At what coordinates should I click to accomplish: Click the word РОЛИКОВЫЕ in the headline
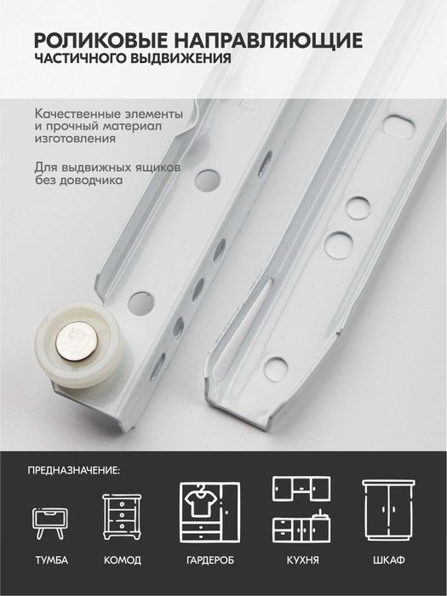(x=100, y=39)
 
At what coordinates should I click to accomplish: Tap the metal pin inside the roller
(x=77, y=341)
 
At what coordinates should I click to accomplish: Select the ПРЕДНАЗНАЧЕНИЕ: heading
(x=74, y=471)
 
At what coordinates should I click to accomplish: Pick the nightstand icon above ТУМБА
(x=50, y=524)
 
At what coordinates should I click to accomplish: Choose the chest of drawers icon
(x=122, y=516)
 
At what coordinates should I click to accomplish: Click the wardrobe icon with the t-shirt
(x=209, y=513)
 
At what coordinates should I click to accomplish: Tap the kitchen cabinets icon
(x=301, y=509)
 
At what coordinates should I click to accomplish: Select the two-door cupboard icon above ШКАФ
(x=388, y=510)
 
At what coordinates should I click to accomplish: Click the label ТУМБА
(x=52, y=560)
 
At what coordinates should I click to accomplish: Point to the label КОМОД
(x=123, y=560)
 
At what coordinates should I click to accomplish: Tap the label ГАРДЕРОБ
(x=210, y=560)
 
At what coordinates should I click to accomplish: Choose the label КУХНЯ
(x=302, y=560)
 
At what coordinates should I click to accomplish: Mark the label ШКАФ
(x=389, y=560)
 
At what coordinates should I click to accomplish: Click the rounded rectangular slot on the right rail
(x=398, y=128)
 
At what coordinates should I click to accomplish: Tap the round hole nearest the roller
(x=141, y=303)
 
